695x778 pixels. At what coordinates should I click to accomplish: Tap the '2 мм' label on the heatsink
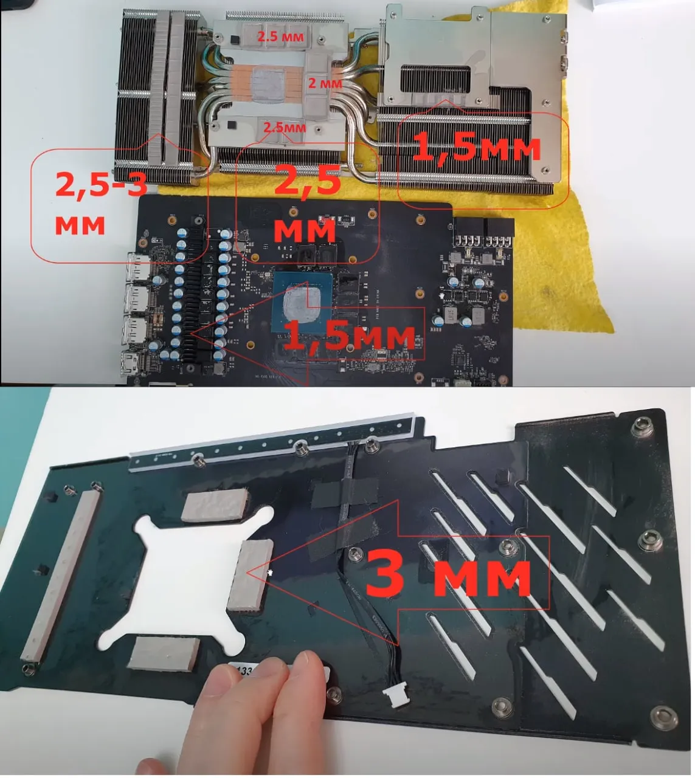(325, 83)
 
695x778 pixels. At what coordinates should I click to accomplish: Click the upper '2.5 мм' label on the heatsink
(280, 36)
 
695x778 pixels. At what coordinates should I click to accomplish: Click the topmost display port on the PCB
(138, 267)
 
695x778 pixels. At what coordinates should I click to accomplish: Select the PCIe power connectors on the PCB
(483, 233)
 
